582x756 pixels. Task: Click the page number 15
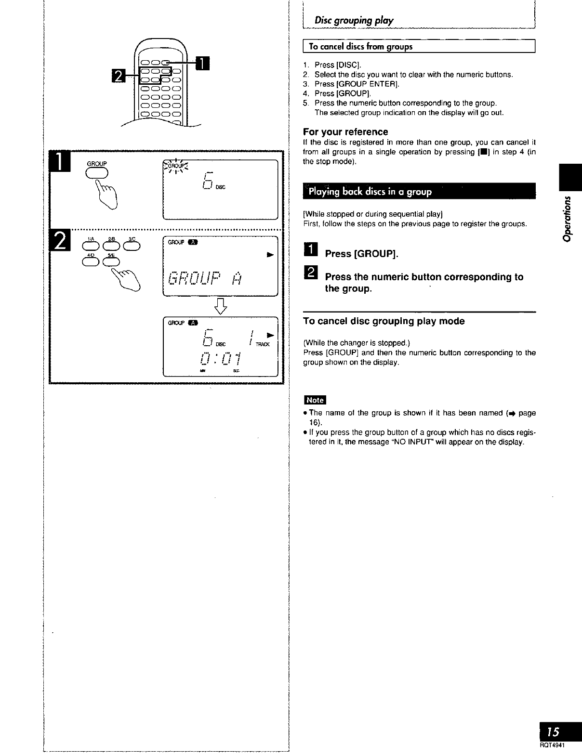click(x=554, y=732)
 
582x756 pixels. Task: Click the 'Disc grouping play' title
click(x=354, y=21)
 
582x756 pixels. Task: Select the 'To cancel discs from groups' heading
click(x=361, y=47)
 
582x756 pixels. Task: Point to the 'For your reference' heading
click(x=345, y=132)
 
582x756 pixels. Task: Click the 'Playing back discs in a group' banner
click(x=370, y=192)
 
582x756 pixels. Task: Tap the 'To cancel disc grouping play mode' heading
click(x=384, y=321)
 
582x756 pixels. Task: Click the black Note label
click(x=315, y=400)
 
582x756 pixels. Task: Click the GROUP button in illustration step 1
click(x=97, y=173)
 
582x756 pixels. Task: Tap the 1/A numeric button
click(x=91, y=246)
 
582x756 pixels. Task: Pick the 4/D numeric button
click(x=91, y=261)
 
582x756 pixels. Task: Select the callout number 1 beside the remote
click(x=203, y=64)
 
